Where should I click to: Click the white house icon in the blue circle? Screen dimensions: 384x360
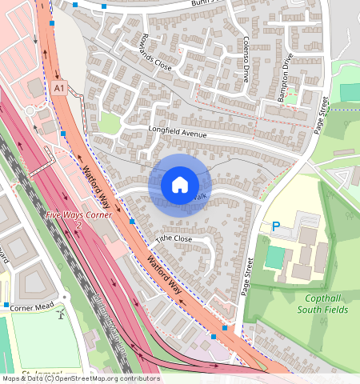180,185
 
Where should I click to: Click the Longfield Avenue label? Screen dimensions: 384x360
177,131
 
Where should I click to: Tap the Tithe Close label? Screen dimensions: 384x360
174,239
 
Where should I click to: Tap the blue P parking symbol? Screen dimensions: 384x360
276,228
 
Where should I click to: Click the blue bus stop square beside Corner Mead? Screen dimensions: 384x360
6,306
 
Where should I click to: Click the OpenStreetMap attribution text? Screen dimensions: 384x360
80,378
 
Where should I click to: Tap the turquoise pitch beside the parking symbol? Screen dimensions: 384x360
274,257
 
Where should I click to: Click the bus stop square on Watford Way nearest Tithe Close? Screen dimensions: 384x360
132,220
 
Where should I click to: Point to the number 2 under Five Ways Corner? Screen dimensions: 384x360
78,226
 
